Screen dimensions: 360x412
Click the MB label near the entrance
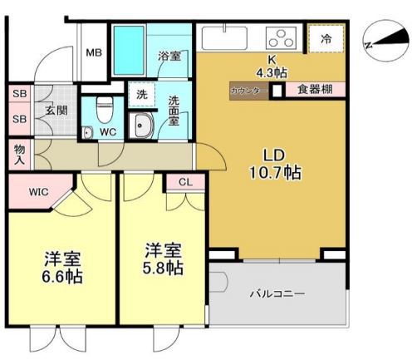pos(94,52)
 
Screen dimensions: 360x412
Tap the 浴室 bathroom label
pos(169,57)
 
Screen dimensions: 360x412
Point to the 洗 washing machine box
pos(141,94)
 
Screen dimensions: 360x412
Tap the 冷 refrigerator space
pos(325,38)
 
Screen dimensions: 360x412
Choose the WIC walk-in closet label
pos(39,192)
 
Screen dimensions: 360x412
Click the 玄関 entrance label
pos(56,109)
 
